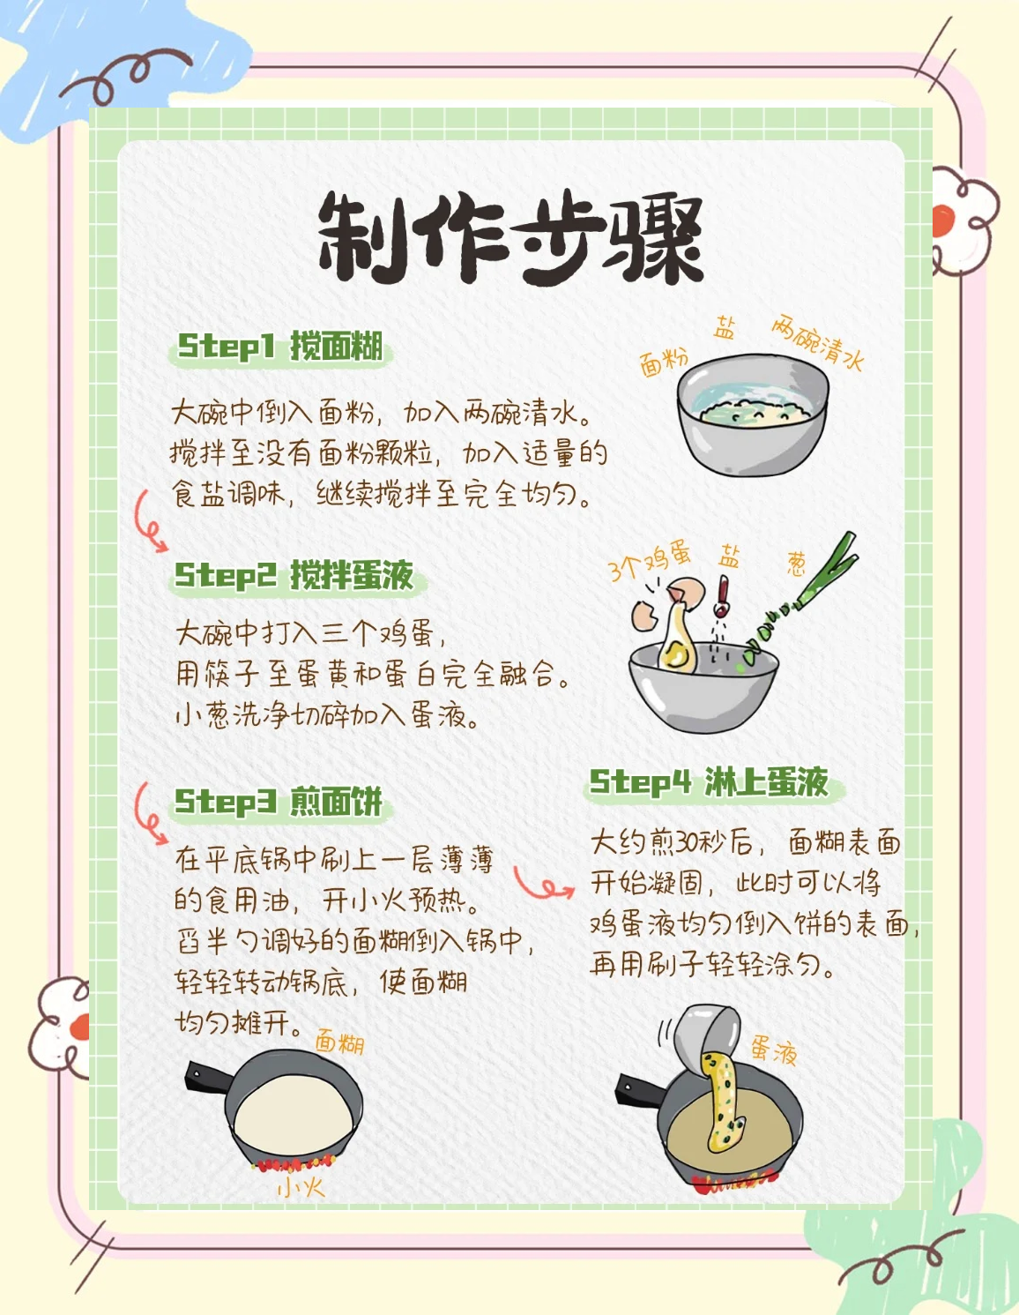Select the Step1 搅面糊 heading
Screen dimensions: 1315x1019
pos(280,347)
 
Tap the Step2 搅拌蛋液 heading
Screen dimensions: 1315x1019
pos(294,575)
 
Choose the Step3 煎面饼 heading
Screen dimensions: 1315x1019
pos(279,802)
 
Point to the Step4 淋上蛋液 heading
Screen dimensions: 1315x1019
pos(710,781)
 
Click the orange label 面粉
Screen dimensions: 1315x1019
pos(663,361)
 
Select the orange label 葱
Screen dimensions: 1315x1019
pos(797,563)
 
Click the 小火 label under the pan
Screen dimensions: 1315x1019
pos(301,1187)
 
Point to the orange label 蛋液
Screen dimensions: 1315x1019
pos(774,1050)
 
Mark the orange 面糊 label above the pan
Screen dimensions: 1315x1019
pos(339,1042)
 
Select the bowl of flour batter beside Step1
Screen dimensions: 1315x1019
pos(753,415)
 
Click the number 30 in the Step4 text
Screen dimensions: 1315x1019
pos(687,843)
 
